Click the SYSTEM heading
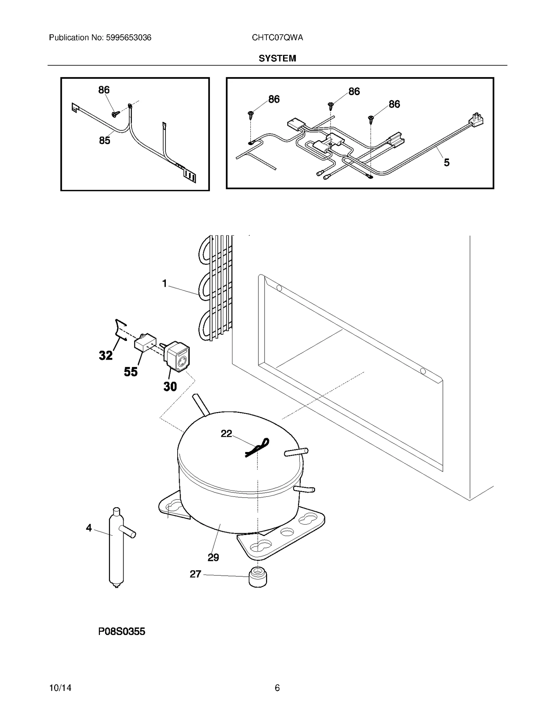point(277,58)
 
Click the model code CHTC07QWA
point(277,37)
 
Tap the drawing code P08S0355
point(121,632)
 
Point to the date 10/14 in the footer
point(60,688)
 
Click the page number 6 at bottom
point(277,688)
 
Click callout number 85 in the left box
point(104,141)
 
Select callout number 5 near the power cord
point(447,162)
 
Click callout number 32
point(106,355)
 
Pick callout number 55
point(131,372)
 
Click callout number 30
point(170,386)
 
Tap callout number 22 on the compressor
point(226,434)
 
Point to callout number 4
point(89,528)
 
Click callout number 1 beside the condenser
point(165,284)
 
